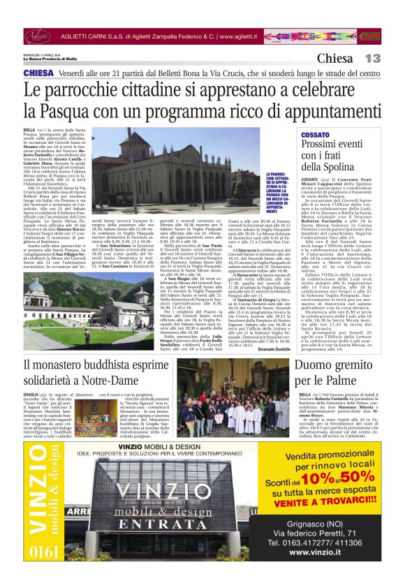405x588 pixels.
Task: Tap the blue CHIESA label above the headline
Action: (x=38, y=73)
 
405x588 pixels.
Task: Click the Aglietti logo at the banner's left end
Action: (x=38, y=35)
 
